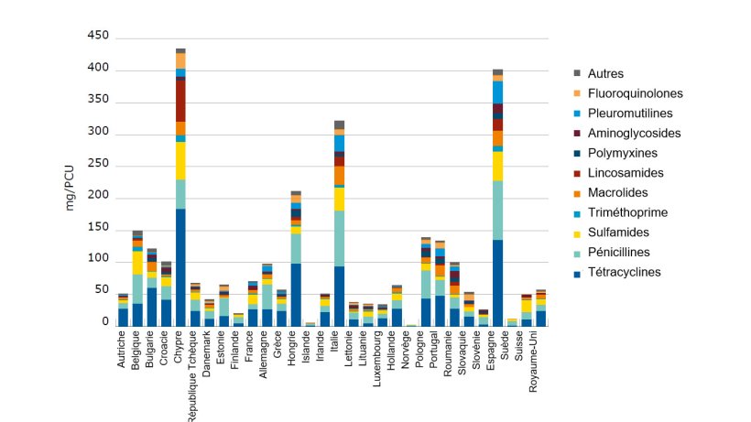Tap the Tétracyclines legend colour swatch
(577, 272)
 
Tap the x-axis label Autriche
(123, 352)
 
